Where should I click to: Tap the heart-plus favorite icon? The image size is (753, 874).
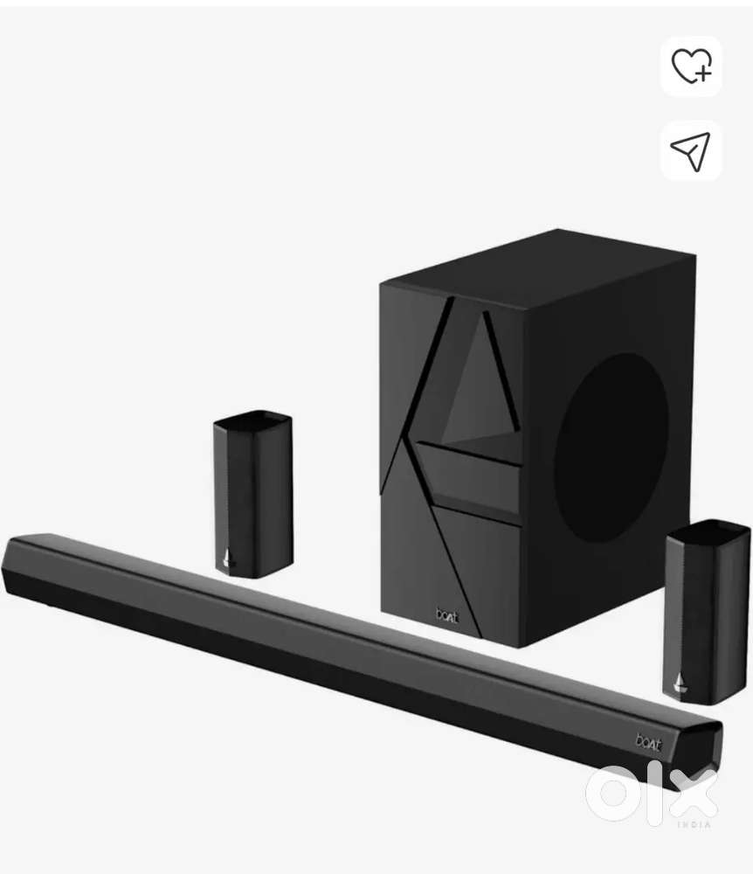(691, 66)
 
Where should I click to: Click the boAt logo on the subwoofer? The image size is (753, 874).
(447, 616)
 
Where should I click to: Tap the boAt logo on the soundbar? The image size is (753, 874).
(649, 742)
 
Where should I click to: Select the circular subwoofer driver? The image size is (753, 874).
(611, 447)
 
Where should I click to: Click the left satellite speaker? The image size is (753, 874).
(253, 495)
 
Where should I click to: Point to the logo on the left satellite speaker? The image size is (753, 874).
(226, 558)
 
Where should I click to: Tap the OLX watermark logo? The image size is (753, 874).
(652, 794)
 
